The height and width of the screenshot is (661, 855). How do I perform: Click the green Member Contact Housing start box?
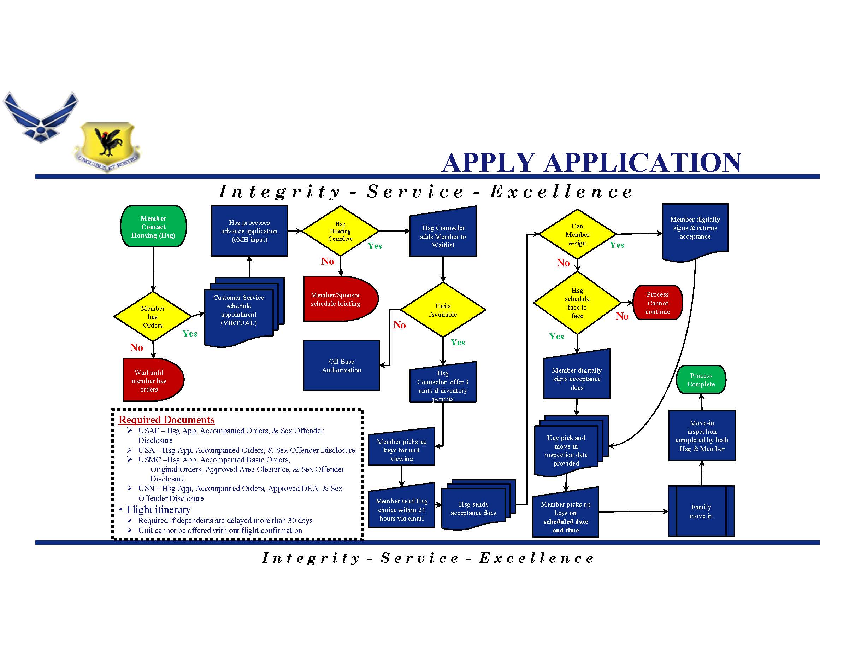[x=153, y=226]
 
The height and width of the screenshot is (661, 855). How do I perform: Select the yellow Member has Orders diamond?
[x=153, y=316]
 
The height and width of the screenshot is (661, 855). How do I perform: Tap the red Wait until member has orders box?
[x=151, y=380]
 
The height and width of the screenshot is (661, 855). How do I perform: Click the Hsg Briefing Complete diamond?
[x=340, y=231]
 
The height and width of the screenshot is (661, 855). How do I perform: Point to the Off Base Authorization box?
[x=341, y=365]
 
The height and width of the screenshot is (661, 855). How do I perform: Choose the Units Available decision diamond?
[x=443, y=310]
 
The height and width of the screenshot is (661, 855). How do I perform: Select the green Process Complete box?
[x=701, y=379]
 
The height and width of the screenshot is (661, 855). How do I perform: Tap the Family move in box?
[x=701, y=511]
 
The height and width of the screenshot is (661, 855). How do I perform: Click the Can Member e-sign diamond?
[x=577, y=234]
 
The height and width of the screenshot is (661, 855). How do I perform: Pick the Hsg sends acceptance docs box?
[x=474, y=508]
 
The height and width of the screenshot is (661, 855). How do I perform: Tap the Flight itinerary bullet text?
[x=158, y=509]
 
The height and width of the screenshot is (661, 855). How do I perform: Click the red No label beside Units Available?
[x=399, y=324]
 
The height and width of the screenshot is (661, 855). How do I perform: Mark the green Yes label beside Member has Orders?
[x=190, y=334]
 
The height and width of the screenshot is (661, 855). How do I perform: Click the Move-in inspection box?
[x=702, y=435]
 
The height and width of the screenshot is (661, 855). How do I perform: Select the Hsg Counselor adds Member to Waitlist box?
[x=443, y=236]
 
